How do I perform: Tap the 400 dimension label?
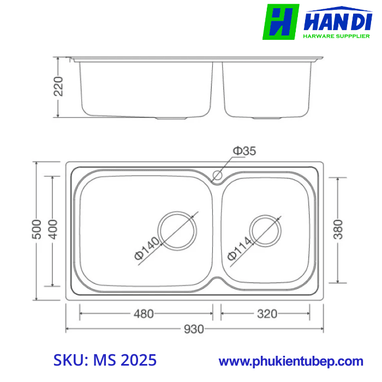coord(53,231)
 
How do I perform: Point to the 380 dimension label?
coord(338,230)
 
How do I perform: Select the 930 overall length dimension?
coord(194,329)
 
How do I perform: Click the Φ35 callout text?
coord(244,151)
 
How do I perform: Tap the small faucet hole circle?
coord(217,176)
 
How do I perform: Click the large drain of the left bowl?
coord(177,230)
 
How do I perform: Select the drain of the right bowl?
coord(266,231)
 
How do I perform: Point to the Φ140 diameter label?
coord(146,249)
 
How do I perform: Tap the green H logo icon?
coord(281,22)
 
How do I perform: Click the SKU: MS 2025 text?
coord(105,360)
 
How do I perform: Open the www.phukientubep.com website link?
coord(291,361)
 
